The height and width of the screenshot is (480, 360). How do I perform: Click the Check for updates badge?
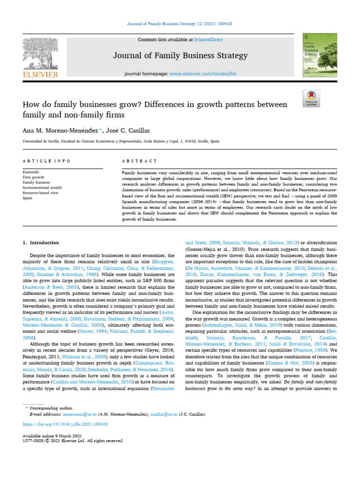point(311,97)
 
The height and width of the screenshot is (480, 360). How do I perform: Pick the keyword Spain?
point(28,198)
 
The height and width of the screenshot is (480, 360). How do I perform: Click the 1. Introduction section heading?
point(41,243)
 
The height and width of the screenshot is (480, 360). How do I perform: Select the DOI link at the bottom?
point(65,424)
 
